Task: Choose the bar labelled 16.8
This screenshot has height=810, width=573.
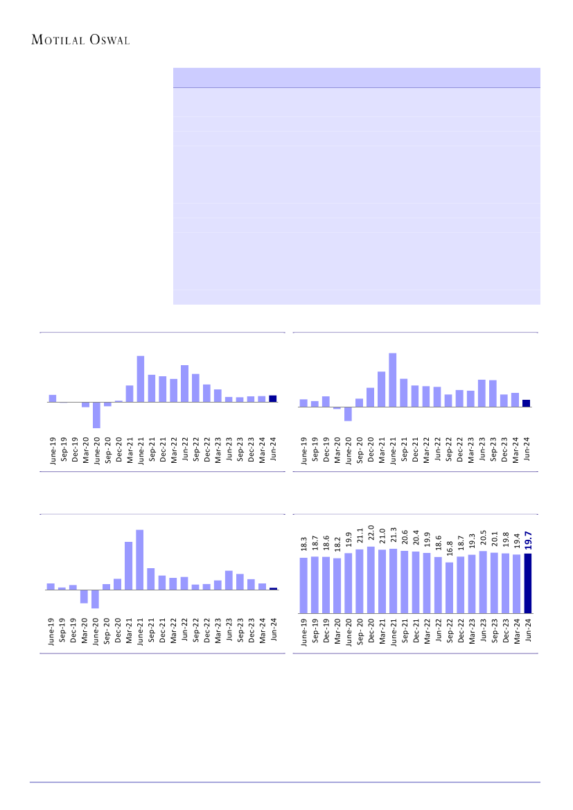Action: coord(449,588)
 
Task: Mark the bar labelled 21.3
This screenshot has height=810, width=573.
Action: coord(394,581)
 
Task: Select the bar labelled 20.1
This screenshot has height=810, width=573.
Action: coord(494,583)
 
